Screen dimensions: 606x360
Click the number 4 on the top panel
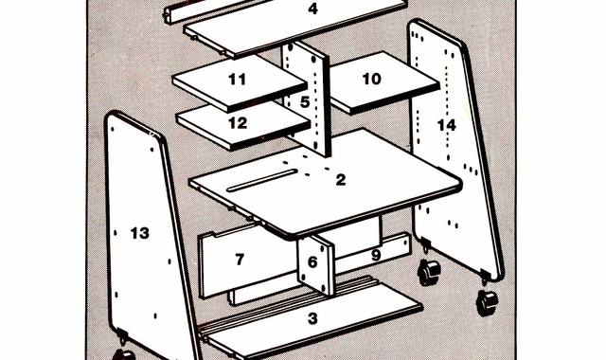point(312,9)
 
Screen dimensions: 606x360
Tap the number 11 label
point(238,80)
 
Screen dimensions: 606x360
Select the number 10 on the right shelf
point(371,79)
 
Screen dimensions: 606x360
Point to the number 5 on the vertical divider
point(305,102)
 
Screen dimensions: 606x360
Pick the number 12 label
point(238,123)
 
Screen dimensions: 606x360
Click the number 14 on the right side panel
point(446,125)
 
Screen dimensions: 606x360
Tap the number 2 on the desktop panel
point(341,179)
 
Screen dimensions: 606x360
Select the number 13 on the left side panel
point(139,233)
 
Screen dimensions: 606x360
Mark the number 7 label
point(240,259)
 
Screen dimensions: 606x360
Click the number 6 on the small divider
point(312,262)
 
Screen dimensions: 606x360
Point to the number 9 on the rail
point(376,255)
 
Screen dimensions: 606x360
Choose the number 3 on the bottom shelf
point(312,318)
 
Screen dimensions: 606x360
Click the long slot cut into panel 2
point(262,180)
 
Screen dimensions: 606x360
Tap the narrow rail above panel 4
point(217,9)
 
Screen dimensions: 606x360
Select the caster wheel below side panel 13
point(124,355)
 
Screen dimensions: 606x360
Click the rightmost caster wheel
point(487,302)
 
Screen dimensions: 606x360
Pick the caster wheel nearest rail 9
point(429,272)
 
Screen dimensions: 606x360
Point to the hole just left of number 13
point(116,233)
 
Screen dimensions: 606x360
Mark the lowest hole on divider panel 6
point(324,287)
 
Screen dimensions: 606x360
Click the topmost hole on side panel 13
point(112,129)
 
